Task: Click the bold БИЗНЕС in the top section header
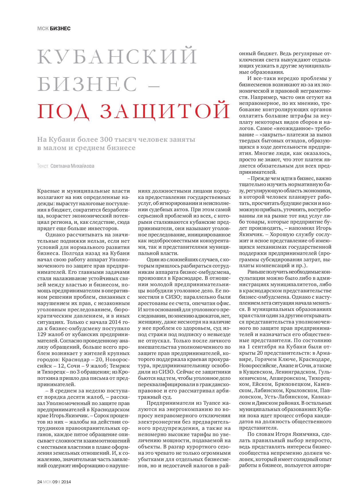60,29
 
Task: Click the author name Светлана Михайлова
72,166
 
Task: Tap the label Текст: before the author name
43,166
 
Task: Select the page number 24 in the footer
40,482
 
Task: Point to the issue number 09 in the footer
55,482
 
